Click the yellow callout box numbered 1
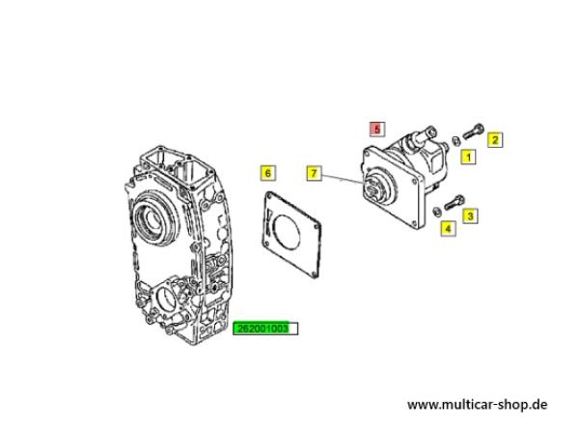pos(468,158)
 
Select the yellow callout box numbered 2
pos(495,140)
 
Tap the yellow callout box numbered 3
pos(470,215)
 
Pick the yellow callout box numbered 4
pos(448,228)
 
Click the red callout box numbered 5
pos(377,129)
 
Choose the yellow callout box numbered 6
pos(267,173)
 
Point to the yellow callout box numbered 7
pos(314,173)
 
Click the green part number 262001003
pos(265,329)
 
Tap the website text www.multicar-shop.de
pos(477,404)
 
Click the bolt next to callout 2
pos(473,131)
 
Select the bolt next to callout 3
pos(455,202)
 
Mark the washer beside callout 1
pos(456,141)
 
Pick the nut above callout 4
pos(437,212)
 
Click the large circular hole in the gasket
pos(285,233)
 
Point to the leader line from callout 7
pos(342,178)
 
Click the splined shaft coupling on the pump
pos(373,187)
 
